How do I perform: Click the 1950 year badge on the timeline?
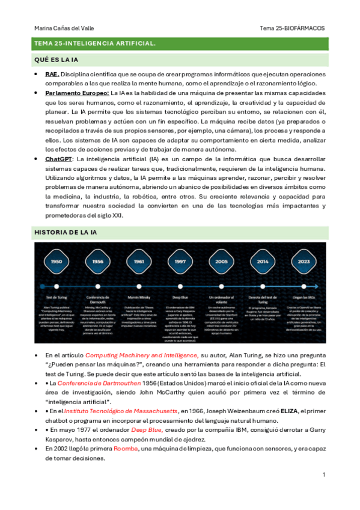coord(56,262)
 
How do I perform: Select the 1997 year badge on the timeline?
coord(180,262)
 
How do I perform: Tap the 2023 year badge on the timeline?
coord(303,262)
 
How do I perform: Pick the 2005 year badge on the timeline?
coord(221,262)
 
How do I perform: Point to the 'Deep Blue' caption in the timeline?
coord(180,297)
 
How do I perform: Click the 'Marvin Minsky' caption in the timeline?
coord(138,297)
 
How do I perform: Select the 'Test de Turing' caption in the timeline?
coord(56,297)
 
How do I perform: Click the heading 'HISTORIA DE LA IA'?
coord(69,232)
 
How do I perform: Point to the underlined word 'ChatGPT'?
coord(58,159)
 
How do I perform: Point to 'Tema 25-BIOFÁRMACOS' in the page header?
coord(292,28)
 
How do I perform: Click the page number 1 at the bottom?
coord(324,475)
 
